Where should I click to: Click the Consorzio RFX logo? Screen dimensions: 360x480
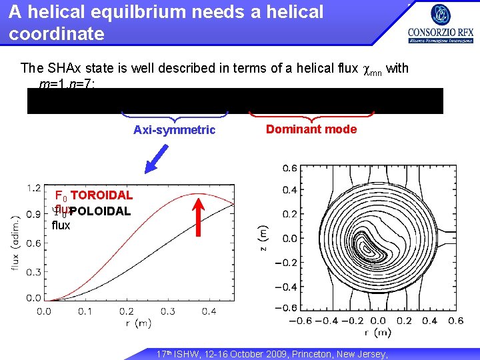click(440, 25)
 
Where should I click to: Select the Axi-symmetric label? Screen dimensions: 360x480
click(174, 130)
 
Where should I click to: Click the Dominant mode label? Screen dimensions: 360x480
click(311, 129)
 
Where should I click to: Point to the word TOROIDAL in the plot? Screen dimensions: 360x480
click(101, 195)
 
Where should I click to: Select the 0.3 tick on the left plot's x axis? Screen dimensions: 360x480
click(167, 311)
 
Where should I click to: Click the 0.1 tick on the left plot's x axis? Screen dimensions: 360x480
click(85, 311)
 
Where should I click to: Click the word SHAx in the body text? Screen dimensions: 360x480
click(65, 68)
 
